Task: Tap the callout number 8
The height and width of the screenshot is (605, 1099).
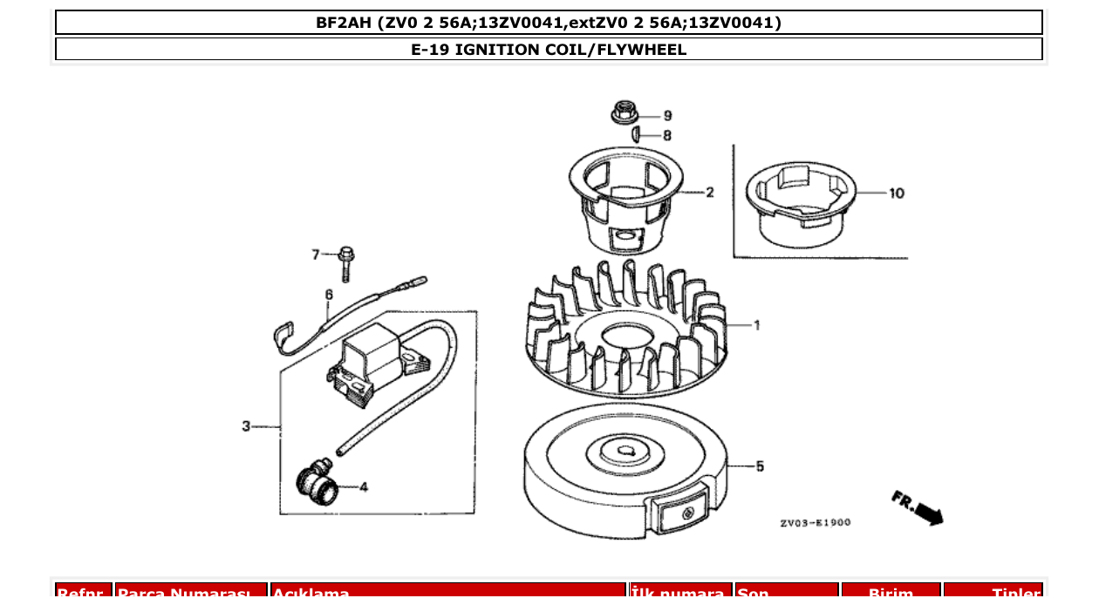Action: coord(667,136)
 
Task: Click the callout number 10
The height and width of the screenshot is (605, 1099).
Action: coord(897,194)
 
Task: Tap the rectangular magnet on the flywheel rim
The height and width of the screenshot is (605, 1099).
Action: coord(679,514)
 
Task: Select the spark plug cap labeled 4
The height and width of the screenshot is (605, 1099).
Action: coord(317,483)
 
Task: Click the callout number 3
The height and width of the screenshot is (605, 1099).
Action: coord(246,426)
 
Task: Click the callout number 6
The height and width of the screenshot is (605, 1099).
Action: coord(329,295)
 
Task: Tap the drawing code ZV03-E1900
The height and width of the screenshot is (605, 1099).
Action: coord(815,523)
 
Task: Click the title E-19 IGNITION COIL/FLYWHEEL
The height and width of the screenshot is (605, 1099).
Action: coord(549,50)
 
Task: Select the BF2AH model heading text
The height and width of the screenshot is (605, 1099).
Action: coord(549,23)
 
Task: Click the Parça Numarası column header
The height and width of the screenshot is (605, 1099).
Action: coord(191,593)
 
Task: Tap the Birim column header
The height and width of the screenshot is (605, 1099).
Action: coord(891,593)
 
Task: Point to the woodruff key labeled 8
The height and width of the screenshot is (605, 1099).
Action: coord(638,134)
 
